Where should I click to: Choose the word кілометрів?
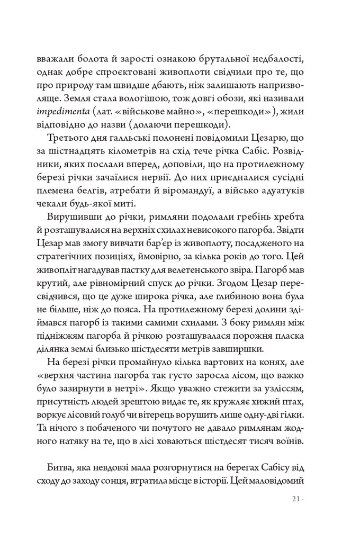[140, 154]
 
